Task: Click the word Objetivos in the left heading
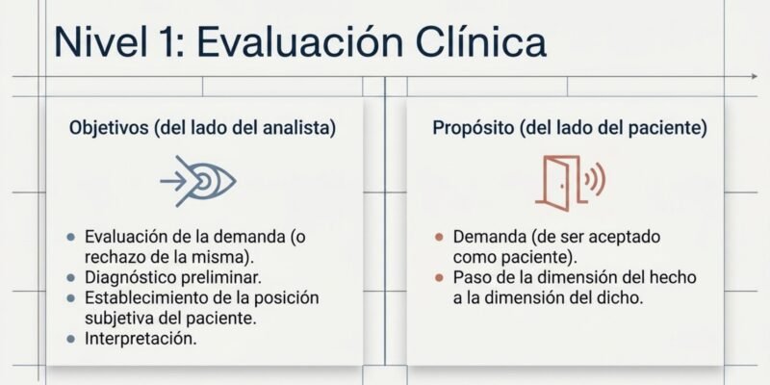109,128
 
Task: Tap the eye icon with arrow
198,181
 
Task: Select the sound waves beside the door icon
595,179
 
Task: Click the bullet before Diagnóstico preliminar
71,277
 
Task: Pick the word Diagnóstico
130,278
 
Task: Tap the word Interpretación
141,339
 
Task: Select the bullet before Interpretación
71,339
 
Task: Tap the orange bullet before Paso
439,277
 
